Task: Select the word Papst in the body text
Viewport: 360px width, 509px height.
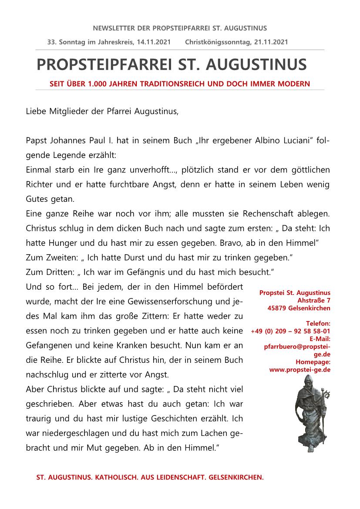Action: tap(36, 141)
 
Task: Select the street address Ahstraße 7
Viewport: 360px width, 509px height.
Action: tap(314, 300)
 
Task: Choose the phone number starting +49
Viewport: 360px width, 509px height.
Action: tap(290, 331)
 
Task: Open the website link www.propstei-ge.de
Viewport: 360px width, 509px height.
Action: tap(299, 369)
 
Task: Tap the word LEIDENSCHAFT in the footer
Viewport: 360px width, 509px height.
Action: tap(172, 477)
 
